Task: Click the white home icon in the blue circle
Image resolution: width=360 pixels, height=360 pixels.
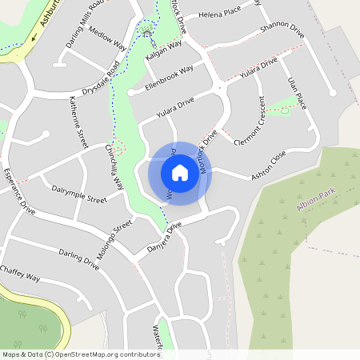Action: [x=180, y=172]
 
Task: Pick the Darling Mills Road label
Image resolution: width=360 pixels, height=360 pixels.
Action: [x=86, y=22]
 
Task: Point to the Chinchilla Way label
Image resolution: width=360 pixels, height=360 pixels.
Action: [x=116, y=166]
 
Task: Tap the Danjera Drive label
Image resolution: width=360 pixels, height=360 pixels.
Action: [x=166, y=238]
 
